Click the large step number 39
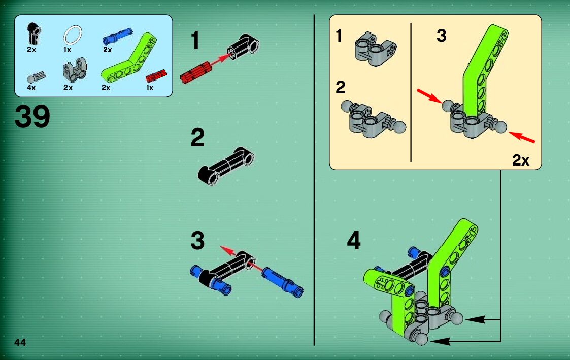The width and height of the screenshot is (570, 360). pyautogui.click(x=32, y=116)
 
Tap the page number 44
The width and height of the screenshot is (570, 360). pyautogui.click(x=20, y=342)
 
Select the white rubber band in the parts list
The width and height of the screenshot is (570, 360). pyautogui.click(x=73, y=36)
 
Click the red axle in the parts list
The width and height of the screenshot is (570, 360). pyautogui.click(x=156, y=76)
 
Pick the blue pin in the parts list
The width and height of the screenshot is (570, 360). pyautogui.click(x=117, y=36)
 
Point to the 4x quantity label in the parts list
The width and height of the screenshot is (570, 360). pyautogui.click(x=31, y=88)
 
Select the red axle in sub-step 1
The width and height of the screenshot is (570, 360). pyautogui.click(x=196, y=73)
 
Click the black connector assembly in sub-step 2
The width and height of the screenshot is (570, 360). pyautogui.click(x=226, y=166)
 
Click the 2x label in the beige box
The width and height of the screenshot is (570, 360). pyautogui.click(x=521, y=160)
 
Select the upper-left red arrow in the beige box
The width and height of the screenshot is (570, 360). pyautogui.click(x=429, y=95)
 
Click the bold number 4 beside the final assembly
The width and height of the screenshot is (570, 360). pyautogui.click(x=354, y=240)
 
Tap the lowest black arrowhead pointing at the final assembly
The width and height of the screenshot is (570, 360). pyautogui.click(x=440, y=341)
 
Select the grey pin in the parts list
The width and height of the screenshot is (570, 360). pyautogui.click(x=37, y=77)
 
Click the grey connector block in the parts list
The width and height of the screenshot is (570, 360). pyautogui.click(x=75, y=70)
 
